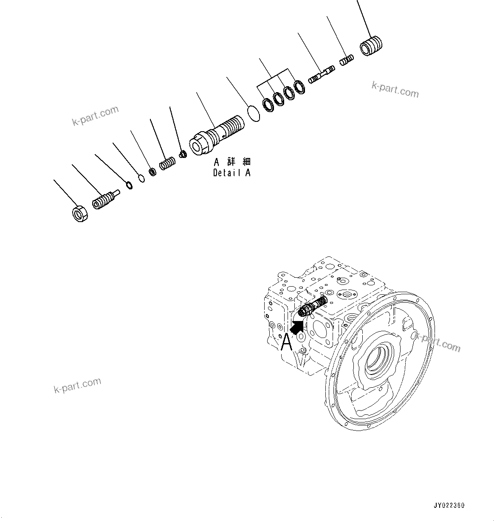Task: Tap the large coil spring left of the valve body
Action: click(x=168, y=163)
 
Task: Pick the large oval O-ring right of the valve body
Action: click(x=254, y=114)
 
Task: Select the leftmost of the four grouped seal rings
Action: click(x=268, y=104)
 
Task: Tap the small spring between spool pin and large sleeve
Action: click(x=346, y=60)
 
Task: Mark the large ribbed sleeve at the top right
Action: click(x=371, y=45)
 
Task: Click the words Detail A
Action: click(x=231, y=173)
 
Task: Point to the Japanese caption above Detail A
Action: click(x=232, y=162)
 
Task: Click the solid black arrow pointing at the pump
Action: click(x=298, y=327)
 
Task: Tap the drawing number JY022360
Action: click(x=449, y=505)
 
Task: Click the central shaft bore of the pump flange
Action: click(x=378, y=363)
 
